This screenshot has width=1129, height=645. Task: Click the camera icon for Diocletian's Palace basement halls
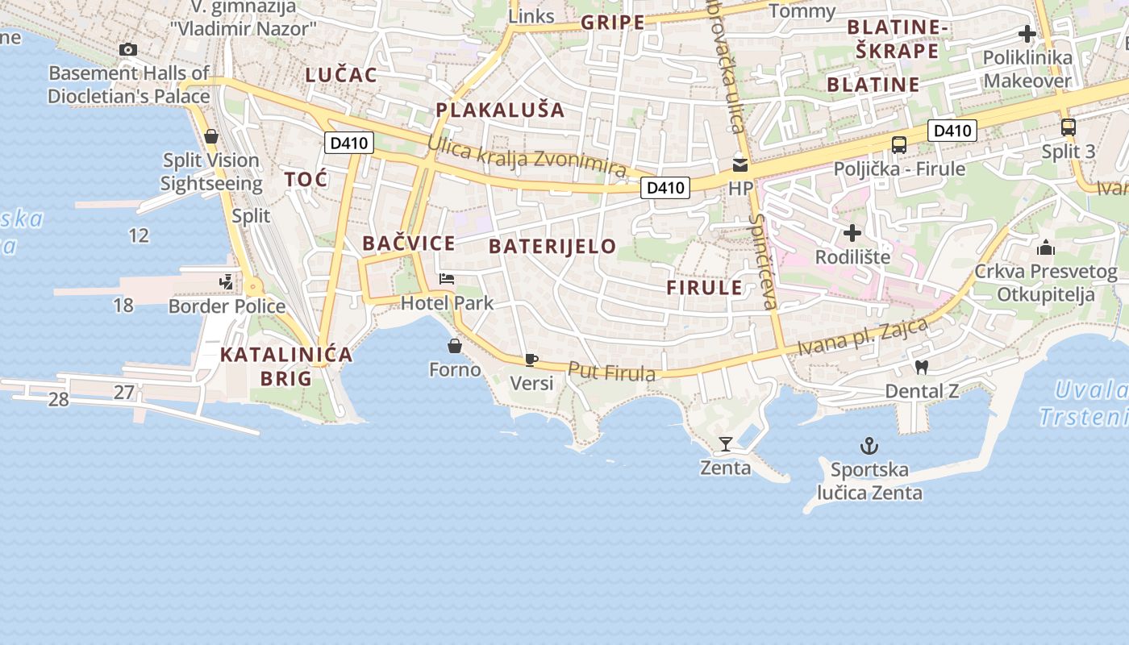(127, 50)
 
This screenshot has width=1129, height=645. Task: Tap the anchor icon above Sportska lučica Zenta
(869, 446)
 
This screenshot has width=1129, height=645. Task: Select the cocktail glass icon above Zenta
(725, 443)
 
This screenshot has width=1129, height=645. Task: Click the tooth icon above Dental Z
(923, 368)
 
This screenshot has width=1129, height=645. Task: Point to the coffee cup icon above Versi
(531, 360)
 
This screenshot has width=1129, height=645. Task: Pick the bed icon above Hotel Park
(447, 280)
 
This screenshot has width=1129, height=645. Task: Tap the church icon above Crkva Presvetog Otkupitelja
(1046, 248)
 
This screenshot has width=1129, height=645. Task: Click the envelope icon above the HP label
(739, 165)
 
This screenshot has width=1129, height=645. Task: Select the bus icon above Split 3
(1069, 127)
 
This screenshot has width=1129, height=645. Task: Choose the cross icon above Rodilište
(852, 234)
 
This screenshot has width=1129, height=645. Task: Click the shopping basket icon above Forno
(455, 347)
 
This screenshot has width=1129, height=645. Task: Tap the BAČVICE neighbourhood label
(409, 243)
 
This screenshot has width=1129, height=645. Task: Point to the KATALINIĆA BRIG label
(286, 366)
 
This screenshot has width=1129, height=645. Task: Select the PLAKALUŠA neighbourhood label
(500, 110)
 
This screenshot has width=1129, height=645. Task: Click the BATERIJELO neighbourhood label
(553, 247)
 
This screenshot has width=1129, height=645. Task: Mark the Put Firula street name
(612, 372)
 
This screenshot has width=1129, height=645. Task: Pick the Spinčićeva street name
(762, 261)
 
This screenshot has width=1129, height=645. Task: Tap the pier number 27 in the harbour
(123, 393)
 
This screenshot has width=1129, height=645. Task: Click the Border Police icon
(227, 282)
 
